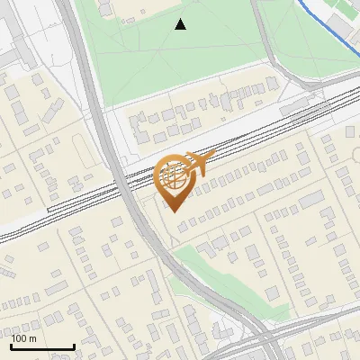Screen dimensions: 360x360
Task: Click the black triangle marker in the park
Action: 181,24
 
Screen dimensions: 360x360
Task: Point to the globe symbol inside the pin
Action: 174,176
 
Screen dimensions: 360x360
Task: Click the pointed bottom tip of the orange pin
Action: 175,211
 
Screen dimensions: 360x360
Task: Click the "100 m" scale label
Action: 24,338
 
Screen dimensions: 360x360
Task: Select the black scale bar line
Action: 42,346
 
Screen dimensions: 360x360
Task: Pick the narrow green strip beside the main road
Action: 216,279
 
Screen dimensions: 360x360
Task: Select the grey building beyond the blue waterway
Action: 346,18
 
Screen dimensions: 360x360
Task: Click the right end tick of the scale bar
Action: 73,346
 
